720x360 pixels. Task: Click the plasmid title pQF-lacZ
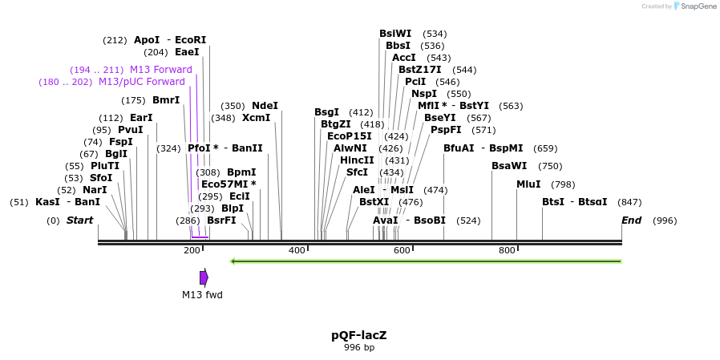[x=359, y=335]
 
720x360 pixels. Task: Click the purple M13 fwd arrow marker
[x=204, y=277]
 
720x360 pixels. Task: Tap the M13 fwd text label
[x=202, y=295]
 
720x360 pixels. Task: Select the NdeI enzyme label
[x=265, y=106]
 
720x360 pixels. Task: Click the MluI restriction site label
[x=528, y=184]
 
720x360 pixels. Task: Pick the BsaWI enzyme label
[x=509, y=166]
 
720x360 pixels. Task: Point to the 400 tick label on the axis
[x=297, y=251]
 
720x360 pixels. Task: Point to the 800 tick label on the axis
[x=507, y=251]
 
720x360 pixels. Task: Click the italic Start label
[x=79, y=220]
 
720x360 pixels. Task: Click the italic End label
[x=632, y=220]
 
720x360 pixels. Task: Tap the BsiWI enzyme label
[x=395, y=34]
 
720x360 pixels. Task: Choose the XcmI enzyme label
[x=256, y=118]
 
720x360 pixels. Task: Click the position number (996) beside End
[x=665, y=220]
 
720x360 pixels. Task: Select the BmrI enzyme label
[x=166, y=100]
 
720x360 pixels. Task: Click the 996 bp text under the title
[x=359, y=348]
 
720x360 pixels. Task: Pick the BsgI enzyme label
[x=326, y=112]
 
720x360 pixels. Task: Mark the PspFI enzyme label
[x=446, y=130]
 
